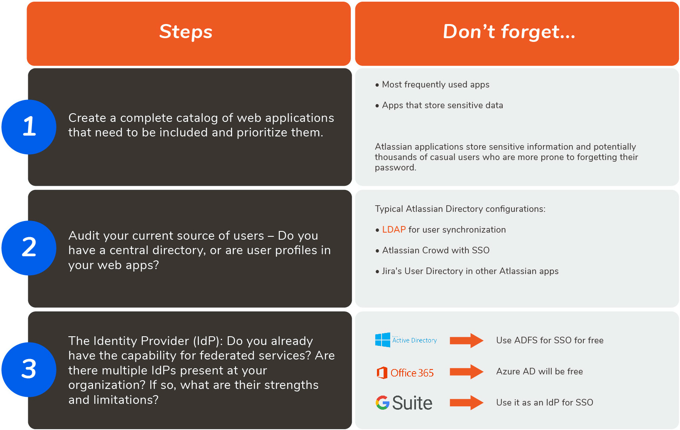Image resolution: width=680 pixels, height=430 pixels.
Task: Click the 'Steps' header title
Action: [186, 32]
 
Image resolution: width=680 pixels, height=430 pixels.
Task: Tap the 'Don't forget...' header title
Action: [509, 32]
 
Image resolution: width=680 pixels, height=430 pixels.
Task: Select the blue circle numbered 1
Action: [29, 127]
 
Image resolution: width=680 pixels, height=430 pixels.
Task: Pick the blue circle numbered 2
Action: [29, 248]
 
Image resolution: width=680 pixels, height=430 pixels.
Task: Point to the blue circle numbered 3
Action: [29, 369]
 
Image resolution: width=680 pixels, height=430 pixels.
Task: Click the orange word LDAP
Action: [394, 230]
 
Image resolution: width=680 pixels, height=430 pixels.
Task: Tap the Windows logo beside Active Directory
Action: [382, 340]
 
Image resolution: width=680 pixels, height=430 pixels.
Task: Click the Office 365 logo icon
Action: [382, 373]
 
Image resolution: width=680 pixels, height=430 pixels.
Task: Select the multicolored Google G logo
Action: [382, 403]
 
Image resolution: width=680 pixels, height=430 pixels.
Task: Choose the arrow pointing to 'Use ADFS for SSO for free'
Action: [467, 340]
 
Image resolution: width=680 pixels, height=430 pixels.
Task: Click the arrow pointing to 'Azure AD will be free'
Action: [467, 372]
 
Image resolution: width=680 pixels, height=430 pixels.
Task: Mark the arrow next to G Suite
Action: [467, 403]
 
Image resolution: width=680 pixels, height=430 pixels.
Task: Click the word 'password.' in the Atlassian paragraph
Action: [395, 168]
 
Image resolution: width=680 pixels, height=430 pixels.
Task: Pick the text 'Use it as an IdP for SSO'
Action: [545, 402]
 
